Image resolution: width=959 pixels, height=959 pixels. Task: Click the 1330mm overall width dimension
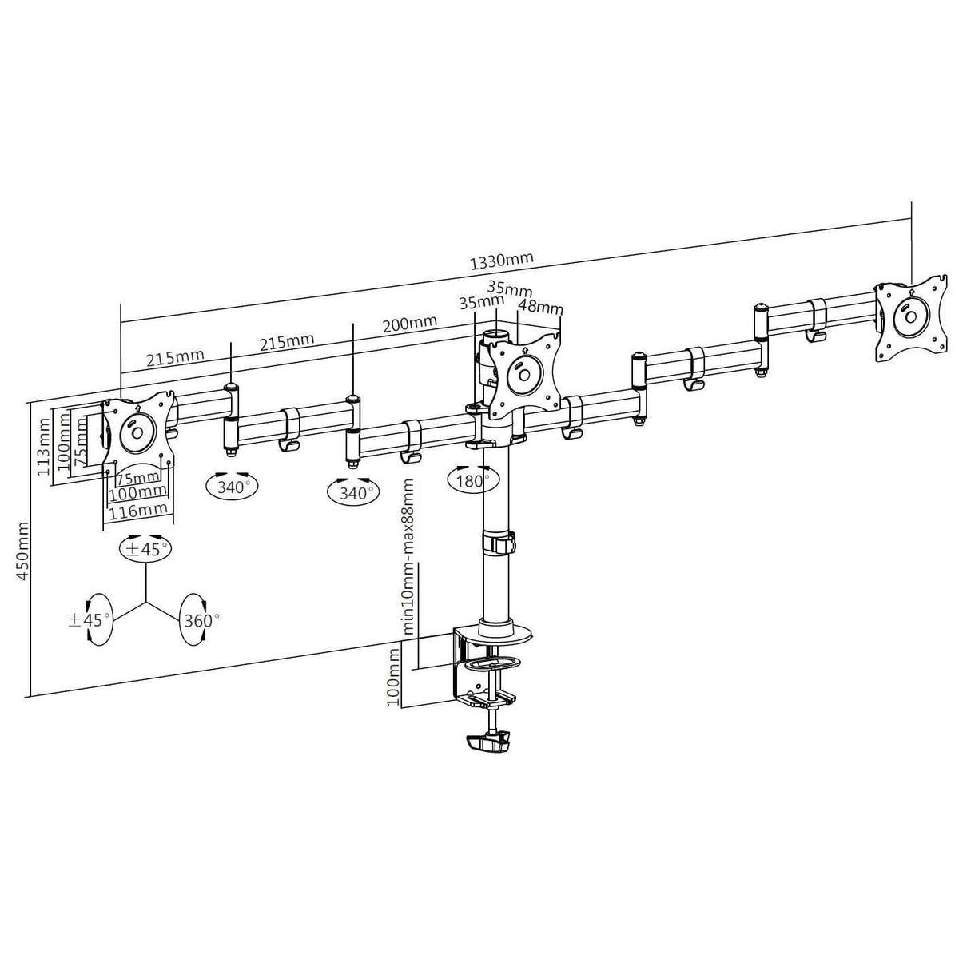pos(501,260)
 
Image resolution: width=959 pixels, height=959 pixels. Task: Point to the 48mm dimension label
pos(541,307)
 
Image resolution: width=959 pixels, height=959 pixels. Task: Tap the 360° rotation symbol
pos(197,619)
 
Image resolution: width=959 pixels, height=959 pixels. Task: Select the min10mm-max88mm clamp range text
pos(408,556)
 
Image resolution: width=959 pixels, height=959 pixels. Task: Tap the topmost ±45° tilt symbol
pos(145,549)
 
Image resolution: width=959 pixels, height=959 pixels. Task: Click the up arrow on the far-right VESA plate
pos(910,292)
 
